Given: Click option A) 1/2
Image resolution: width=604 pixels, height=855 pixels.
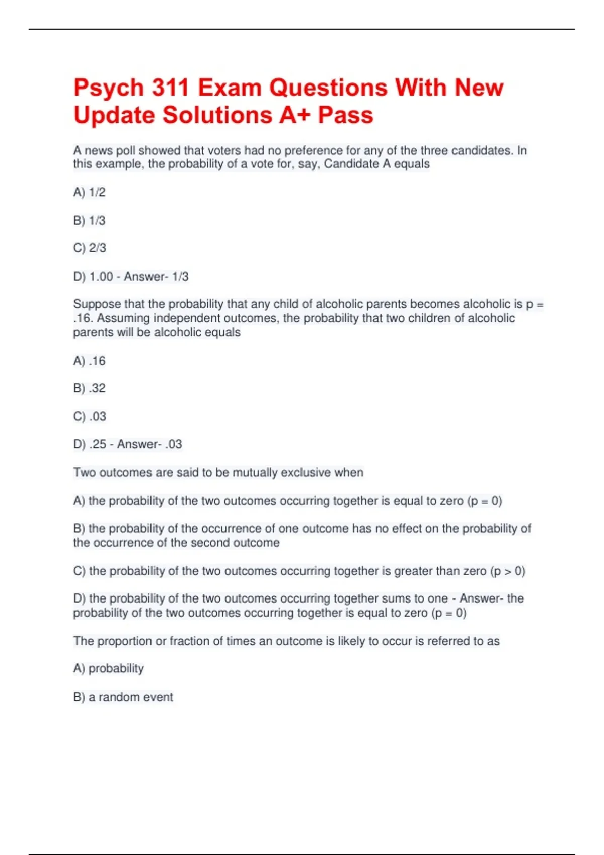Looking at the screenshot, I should pos(89,192).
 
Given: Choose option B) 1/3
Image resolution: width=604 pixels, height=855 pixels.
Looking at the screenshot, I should pos(89,220).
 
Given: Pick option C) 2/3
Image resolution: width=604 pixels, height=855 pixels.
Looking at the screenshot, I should pos(90,248).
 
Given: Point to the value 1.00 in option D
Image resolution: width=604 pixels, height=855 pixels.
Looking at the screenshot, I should pos(101,276).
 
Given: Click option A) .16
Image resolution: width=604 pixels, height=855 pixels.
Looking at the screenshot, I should pos(89,361).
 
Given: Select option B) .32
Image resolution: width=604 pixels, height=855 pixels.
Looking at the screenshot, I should pos(89,388).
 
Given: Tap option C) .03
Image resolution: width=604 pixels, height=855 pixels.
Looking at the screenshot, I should pos(90,416).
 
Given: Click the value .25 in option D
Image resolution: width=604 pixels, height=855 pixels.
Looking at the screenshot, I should pos(98,444).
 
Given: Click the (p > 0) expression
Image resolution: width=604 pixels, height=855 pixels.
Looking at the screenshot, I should pos(508,571).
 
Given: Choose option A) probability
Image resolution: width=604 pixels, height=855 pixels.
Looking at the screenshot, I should pos(108,668).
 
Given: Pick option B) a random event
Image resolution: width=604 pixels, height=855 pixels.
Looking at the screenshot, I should pos(123,697).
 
